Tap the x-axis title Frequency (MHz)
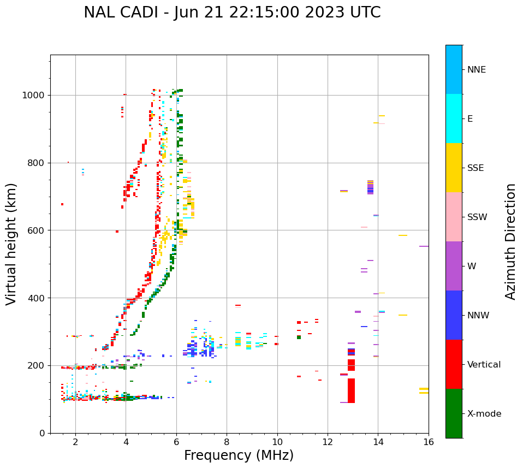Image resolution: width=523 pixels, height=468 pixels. click(x=239, y=455)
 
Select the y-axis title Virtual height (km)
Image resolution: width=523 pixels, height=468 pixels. click(x=11, y=244)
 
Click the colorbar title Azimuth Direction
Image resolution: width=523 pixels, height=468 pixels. click(x=510, y=241)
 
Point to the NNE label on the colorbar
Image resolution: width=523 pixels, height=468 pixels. click(x=477, y=70)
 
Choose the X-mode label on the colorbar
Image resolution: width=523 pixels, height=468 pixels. click(x=484, y=414)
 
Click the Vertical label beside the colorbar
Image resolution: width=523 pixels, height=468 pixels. click(x=483, y=365)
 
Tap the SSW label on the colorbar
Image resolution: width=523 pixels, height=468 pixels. click(x=477, y=217)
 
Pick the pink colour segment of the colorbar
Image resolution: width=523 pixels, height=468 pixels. click(x=454, y=217)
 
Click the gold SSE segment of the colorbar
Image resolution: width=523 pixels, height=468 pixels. click(x=454, y=168)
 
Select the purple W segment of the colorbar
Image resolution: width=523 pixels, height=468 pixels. click(x=454, y=266)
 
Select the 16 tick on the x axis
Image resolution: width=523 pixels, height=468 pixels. click(x=429, y=441)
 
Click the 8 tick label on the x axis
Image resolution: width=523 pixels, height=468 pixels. click(x=227, y=441)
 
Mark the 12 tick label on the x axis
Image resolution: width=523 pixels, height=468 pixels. click(x=328, y=441)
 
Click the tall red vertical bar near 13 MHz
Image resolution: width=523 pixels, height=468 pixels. click(x=351, y=390)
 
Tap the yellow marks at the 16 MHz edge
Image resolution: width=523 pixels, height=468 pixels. click(x=424, y=390)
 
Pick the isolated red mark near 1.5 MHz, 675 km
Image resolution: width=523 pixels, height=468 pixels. click(x=62, y=204)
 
